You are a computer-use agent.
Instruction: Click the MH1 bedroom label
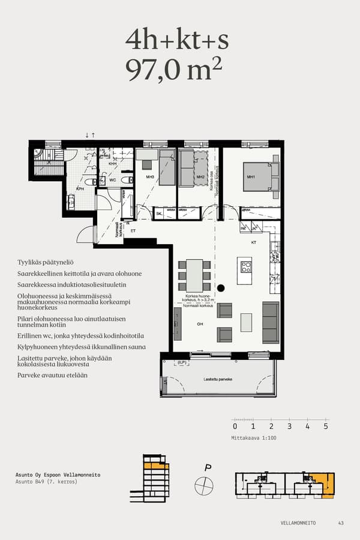251,177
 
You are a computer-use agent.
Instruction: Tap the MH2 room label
200,177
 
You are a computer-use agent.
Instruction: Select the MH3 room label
150,177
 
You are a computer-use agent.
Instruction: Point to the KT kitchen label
253,242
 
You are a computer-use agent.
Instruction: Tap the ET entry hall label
133,230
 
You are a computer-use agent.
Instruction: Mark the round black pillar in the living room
220,287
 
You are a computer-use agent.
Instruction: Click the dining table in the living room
194,275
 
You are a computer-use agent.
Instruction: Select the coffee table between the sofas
246,322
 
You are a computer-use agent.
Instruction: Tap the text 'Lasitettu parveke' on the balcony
218,380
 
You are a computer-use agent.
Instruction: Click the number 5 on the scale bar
326,427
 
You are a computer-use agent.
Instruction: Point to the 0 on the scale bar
235,427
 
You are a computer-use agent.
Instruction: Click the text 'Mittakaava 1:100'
254,438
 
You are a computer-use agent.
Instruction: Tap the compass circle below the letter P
204,485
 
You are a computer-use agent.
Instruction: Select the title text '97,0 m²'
174,70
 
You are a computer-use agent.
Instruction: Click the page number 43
341,523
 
